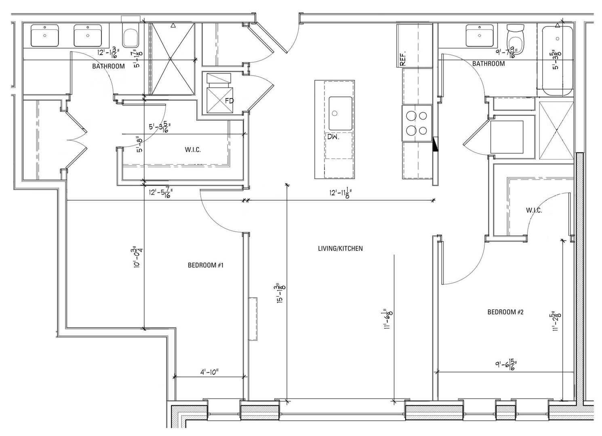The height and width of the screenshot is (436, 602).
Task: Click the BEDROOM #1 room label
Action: (206, 265)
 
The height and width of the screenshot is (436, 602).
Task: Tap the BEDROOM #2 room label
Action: (505, 312)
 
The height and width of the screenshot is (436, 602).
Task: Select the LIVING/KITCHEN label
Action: (340, 248)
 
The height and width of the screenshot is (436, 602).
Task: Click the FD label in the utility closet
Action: (229, 101)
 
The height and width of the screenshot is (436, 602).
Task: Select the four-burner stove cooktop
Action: (417, 123)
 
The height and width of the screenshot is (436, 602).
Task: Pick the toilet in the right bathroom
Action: (516, 40)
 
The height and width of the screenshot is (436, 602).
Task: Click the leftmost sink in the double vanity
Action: (45, 36)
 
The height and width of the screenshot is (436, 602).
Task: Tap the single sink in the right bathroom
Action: (480, 36)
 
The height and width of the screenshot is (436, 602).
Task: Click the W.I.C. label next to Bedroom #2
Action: (534, 210)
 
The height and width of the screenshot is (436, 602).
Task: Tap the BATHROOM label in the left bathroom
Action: (108, 66)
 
